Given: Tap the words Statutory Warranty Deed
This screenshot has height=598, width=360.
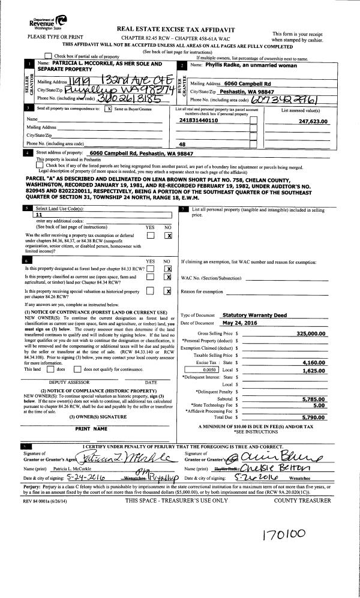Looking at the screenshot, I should coord(247,314).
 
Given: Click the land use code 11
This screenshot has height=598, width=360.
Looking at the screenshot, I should coord(39,214).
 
